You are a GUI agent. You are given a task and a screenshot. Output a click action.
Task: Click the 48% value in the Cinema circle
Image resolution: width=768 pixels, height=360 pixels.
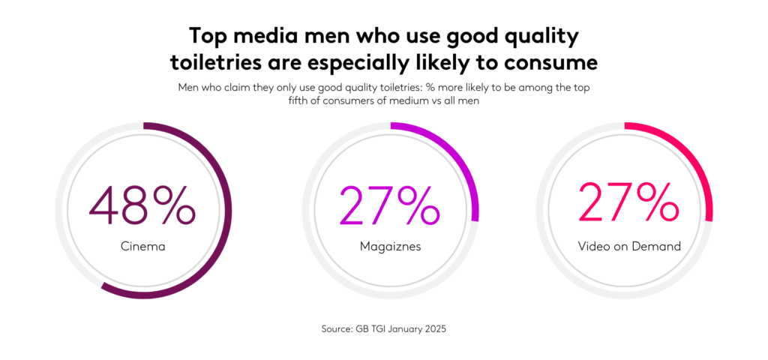click(142, 204)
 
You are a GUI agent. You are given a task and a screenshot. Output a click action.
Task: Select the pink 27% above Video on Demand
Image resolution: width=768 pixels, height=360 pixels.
click(625, 204)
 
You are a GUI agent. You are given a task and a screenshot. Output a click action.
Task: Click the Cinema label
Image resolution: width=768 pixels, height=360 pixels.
click(142, 245)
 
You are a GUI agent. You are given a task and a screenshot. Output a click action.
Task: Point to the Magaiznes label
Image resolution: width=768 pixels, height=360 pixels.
click(390, 245)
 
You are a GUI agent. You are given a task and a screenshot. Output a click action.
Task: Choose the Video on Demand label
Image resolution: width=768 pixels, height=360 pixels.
click(625, 245)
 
